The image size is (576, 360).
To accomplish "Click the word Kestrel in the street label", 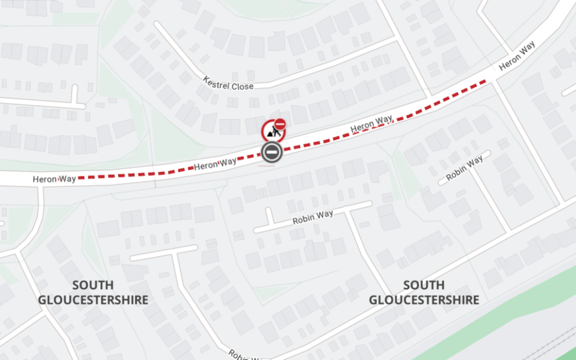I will pos(217,82).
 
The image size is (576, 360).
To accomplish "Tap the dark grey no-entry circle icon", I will pos(271,153).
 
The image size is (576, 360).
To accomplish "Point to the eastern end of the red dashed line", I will pos(486,81).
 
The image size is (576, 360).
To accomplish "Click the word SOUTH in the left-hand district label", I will pos(93,285).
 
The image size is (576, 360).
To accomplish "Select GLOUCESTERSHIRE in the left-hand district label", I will pos(93,300).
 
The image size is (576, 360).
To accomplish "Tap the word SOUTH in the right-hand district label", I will pos(424,285).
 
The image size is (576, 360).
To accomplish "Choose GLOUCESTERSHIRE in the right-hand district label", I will pos(424,300).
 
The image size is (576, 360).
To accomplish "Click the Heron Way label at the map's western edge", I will pos(54,179).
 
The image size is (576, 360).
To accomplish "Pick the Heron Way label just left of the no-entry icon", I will pos(215,164).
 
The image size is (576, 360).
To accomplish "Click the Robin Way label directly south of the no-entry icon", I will pos(313,217).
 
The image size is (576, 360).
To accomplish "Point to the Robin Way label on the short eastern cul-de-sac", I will pos(465,168).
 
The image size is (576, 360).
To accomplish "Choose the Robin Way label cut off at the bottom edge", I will pos(243,355).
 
